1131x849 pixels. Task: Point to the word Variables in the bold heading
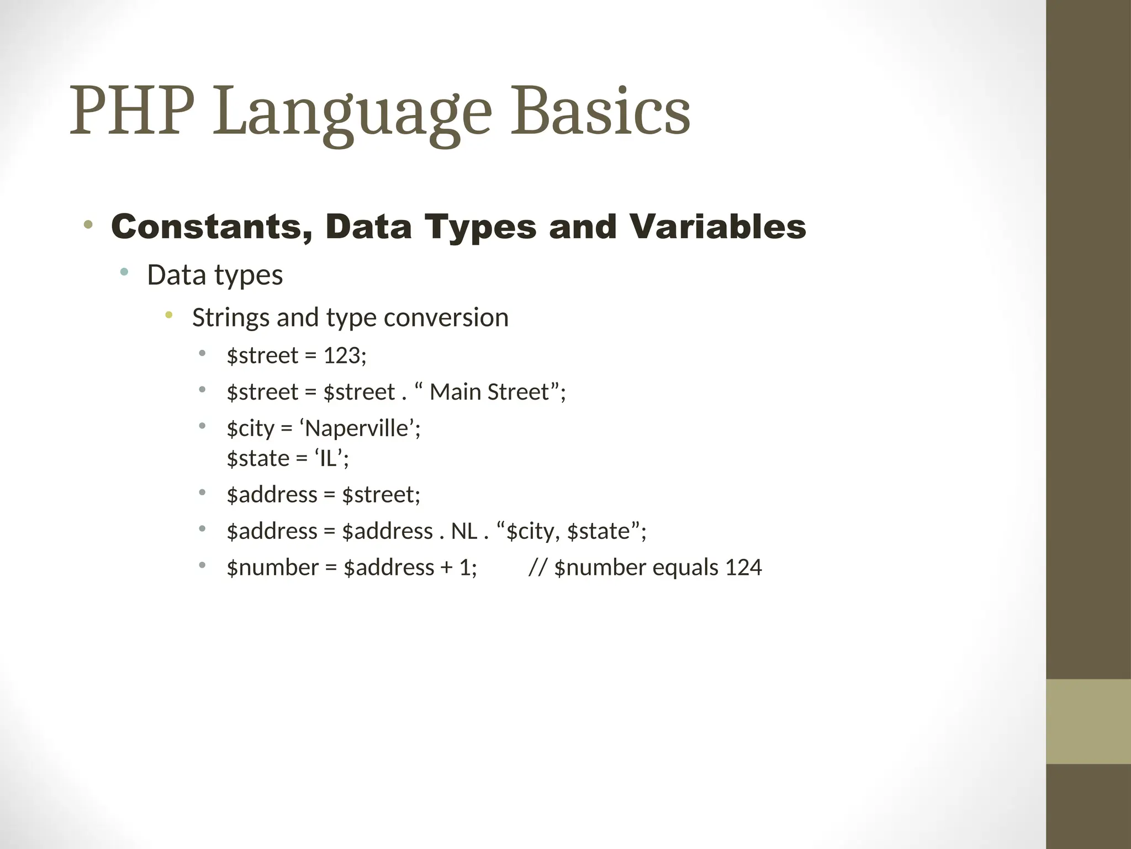(717, 227)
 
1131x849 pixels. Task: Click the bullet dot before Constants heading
(88, 225)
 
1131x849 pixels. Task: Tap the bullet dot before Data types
(124, 271)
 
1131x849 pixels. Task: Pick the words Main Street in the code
(489, 392)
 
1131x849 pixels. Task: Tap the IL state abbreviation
(328, 459)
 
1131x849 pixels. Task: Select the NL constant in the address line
(464, 531)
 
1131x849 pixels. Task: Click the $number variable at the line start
(273, 568)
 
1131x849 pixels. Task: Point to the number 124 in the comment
(743, 568)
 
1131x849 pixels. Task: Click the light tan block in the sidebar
(1088, 721)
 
